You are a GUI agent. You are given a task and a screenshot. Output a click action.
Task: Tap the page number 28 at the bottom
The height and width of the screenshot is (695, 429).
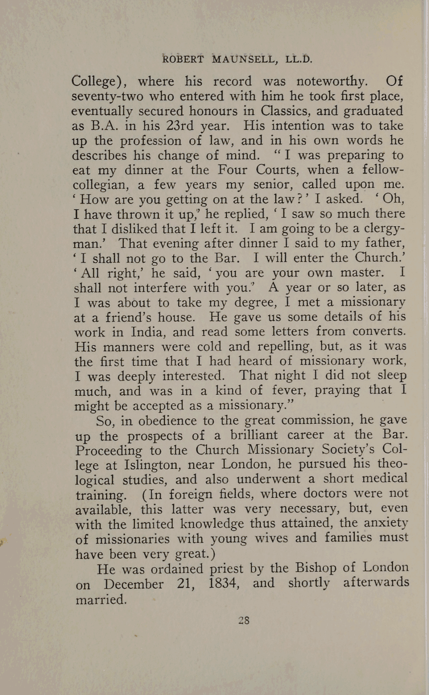[x=244, y=620]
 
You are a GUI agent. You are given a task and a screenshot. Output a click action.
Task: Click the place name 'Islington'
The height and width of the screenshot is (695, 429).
[x=152, y=465]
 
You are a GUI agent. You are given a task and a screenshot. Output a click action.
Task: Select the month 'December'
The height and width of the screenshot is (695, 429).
[x=134, y=585]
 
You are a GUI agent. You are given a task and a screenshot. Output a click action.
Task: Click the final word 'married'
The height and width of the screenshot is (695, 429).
[x=101, y=600]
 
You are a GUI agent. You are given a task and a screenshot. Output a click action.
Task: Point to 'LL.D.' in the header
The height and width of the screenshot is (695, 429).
[x=299, y=60]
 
